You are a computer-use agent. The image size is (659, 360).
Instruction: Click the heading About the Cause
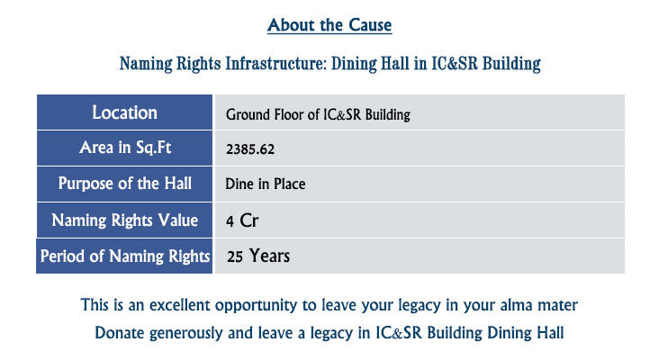[x=329, y=25]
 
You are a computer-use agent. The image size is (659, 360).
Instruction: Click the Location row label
[x=125, y=112]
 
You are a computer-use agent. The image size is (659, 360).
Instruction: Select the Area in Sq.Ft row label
[x=125, y=148]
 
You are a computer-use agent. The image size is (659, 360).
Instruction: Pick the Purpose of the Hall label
[x=125, y=184]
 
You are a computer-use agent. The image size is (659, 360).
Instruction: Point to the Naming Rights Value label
[x=125, y=220]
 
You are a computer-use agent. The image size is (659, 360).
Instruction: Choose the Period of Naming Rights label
[x=125, y=256]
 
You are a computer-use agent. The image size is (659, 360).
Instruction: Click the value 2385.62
[x=250, y=149]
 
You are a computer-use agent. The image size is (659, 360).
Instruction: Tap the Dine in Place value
[x=266, y=184]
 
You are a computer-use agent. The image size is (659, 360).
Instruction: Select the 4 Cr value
[x=242, y=220]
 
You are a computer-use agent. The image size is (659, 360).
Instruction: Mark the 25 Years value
[x=258, y=256]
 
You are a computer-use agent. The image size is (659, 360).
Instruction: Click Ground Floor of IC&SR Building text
[x=318, y=114]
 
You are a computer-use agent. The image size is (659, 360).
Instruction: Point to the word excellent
[x=179, y=305]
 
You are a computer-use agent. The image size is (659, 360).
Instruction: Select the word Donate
[x=120, y=333]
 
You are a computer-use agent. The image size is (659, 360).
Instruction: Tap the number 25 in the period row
[x=234, y=256]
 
